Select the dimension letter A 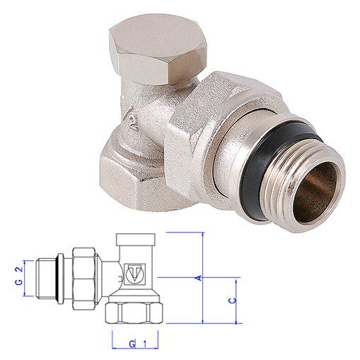click(199, 279)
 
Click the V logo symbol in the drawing click(132, 272)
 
